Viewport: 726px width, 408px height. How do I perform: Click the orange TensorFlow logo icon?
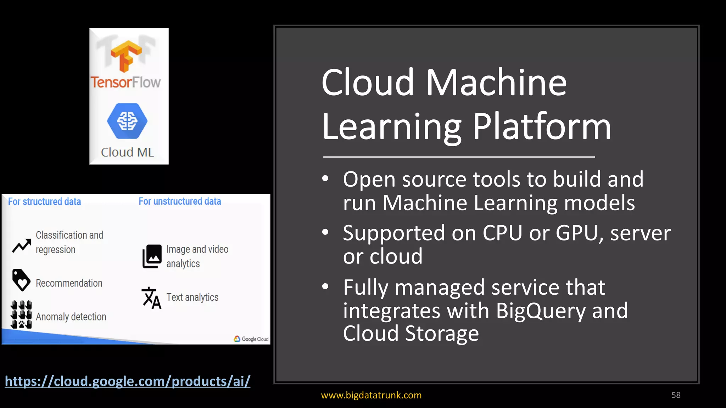tap(126, 56)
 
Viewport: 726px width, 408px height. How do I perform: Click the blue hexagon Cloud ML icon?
tap(127, 121)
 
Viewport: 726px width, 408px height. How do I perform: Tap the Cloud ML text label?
tap(127, 152)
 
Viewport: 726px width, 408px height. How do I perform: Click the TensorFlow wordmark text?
tap(125, 82)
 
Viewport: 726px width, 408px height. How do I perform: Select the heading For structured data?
tap(44, 202)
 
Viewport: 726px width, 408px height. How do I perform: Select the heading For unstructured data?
tap(180, 201)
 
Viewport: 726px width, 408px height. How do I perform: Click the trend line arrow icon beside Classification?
tap(22, 246)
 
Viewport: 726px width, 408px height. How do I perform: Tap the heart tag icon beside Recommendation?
tap(21, 280)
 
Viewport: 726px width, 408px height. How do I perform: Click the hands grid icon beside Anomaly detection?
tap(21, 314)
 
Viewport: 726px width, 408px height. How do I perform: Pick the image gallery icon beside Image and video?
tap(152, 256)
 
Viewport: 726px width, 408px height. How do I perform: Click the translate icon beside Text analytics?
tap(151, 298)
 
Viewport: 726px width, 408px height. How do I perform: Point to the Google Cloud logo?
tap(251, 339)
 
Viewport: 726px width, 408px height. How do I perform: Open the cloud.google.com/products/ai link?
tap(128, 381)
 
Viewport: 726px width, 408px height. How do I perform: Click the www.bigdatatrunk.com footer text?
tap(371, 395)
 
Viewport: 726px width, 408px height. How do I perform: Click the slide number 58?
tap(676, 395)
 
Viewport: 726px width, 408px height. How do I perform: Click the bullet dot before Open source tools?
tap(325, 178)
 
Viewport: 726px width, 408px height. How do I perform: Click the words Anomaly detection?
tap(71, 317)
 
